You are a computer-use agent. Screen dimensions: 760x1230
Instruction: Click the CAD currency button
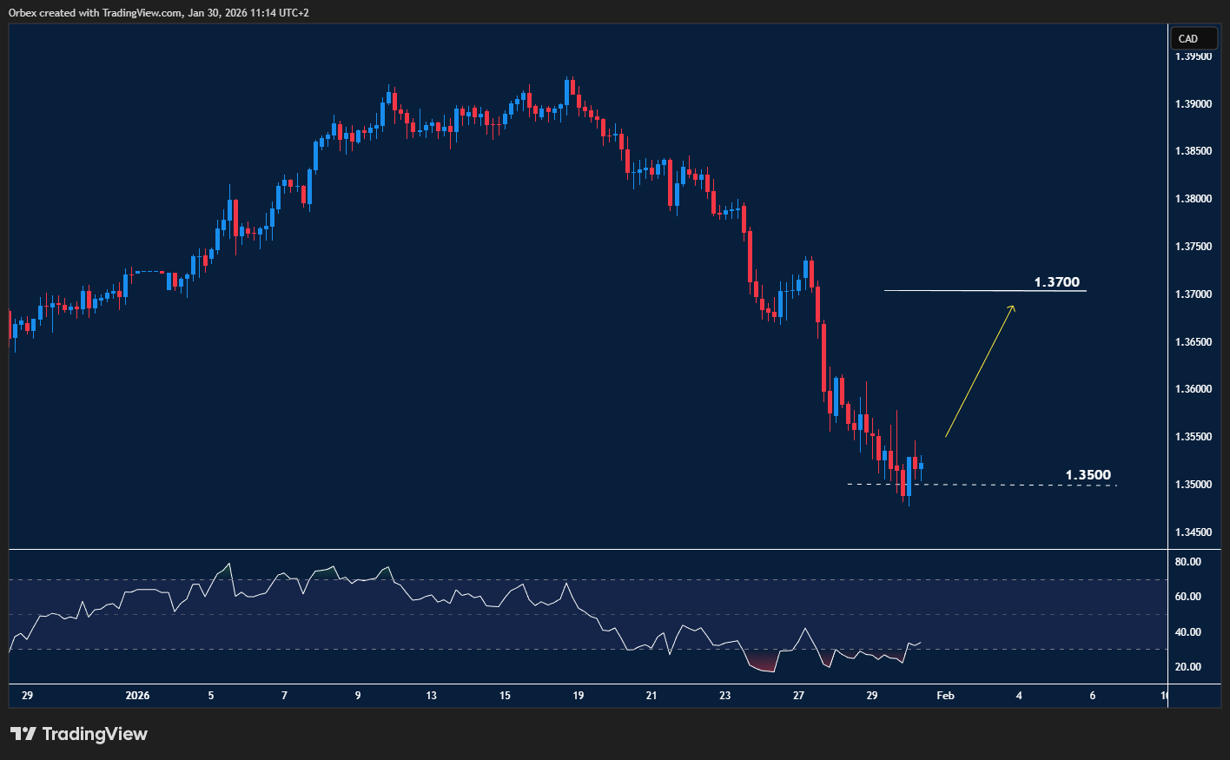pos(1187,38)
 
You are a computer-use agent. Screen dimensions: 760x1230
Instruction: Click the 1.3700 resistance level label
pos(1056,282)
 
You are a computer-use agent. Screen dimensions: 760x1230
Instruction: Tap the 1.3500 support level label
pos(1088,475)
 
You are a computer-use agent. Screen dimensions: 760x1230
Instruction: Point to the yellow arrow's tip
pos(1014,306)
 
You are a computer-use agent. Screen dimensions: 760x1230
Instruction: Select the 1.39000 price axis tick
pos(1193,104)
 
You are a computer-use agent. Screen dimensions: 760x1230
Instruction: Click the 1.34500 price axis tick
pos(1193,532)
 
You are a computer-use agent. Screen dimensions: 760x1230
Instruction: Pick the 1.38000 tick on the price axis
pos(1193,199)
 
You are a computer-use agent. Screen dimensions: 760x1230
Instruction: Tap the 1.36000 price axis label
pos(1193,389)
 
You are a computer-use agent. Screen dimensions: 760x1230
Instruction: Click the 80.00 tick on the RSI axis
pos(1187,562)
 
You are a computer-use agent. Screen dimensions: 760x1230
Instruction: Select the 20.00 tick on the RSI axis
pos(1187,667)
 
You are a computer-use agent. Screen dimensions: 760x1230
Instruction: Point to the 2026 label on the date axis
pos(137,696)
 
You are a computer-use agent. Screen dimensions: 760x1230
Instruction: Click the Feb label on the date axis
pos(945,696)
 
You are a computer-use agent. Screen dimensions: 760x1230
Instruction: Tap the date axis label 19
pos(579,696)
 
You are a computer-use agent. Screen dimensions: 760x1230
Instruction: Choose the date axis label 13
pos(432,696)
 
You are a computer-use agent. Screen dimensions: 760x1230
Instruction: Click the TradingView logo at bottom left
pos(78,734)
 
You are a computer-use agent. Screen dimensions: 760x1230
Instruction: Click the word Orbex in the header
pos(23,13)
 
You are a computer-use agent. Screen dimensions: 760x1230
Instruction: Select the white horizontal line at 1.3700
pos(956,290)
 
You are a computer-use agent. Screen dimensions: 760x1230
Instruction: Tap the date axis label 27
pos(799,696)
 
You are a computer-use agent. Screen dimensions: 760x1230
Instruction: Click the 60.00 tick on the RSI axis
pos(1187,597)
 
